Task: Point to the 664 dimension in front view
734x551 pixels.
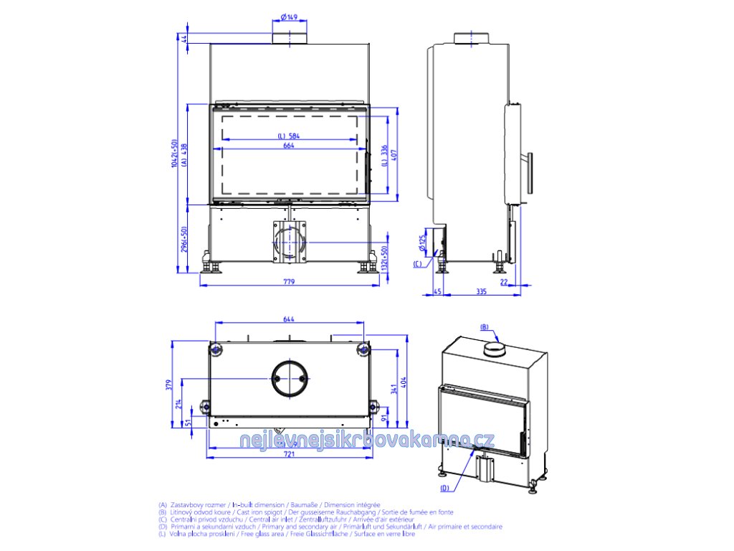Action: point(289,146)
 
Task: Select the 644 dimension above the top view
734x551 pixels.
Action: point(289,319)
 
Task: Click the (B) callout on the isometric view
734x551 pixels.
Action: point(484,327)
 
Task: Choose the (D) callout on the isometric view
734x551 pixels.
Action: point(444,488)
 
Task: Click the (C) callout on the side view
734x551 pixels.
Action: point(417,264)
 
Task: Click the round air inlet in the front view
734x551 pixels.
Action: point(290,240)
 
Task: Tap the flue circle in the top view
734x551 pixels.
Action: point(290,377)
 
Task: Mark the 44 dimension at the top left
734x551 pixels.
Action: point(184,39)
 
